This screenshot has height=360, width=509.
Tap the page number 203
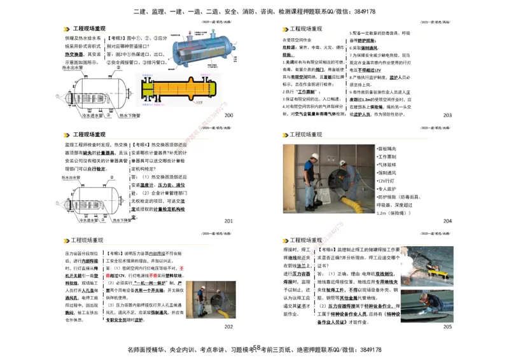tap(447, 115)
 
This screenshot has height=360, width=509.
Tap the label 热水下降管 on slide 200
tap(130, 116)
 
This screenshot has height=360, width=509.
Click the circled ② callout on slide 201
tap(64, 192)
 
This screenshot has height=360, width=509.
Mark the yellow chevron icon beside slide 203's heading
tap(284, 29)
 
